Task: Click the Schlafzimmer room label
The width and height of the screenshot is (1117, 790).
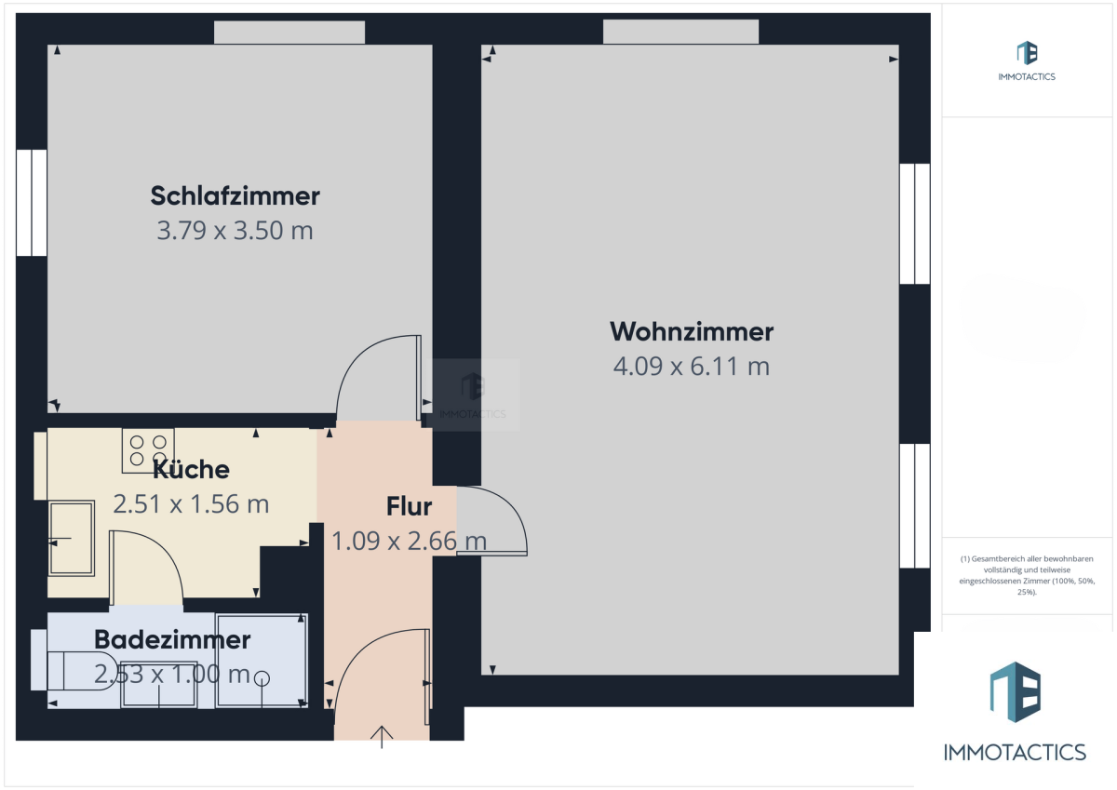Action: [x=235, y=195]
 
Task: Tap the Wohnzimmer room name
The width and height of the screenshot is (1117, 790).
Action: [x=692, y=331]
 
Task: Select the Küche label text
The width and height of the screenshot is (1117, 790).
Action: [x=191, y=469]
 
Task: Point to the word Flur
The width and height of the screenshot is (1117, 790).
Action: [x=409, y=506]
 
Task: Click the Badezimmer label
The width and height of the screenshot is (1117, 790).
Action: [x=172, y=639]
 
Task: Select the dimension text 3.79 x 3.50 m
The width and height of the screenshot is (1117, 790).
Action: [x=235, y=230]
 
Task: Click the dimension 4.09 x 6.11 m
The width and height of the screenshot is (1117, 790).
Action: [x=692, y=367]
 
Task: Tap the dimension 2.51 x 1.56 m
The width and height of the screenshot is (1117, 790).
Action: [x=191, y=504]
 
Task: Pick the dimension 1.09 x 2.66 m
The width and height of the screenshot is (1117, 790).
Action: [x=409, y=542]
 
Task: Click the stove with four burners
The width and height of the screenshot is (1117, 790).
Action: [x=148, y=450]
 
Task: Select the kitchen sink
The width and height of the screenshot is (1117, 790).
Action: [x=72, y=538]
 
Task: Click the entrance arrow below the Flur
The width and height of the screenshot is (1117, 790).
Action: [x=382, y=737]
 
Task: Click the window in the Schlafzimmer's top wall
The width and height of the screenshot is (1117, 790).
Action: [x=289, y=33]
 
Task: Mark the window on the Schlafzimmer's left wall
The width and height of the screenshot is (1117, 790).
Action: [x=32, y=203]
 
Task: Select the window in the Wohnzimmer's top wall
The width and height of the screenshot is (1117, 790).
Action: [x=680, y=32]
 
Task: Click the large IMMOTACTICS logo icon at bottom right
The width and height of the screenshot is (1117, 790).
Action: [x=1016, y=691]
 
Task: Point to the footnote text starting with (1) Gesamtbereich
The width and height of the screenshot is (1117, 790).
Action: [x=1027, y=575]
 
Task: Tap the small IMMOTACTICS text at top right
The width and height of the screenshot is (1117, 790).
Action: [x=1027, y=76]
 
